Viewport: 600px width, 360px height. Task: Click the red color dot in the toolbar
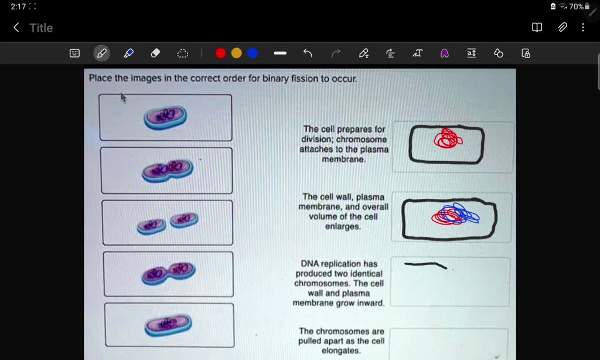220,53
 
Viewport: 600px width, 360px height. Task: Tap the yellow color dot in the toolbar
236,53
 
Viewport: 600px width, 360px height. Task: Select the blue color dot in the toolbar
253,53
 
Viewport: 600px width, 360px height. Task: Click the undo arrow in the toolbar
308,53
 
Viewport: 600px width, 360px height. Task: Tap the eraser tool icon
155,53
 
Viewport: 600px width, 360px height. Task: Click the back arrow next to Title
16,28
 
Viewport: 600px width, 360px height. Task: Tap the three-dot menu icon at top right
582,28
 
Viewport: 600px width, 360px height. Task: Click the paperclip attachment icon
562,28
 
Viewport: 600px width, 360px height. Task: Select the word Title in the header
41,28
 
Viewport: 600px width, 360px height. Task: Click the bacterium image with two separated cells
168,223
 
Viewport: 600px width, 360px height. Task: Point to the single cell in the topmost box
166,117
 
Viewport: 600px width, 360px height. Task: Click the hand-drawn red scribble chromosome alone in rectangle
448,139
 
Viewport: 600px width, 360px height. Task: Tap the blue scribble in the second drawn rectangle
463,214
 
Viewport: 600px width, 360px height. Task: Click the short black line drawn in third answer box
425,265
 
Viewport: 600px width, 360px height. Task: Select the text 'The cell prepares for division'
344,134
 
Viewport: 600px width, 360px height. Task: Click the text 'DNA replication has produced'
339,269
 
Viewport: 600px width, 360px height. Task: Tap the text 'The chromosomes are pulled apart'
341,336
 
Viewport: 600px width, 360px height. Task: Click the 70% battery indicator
577,6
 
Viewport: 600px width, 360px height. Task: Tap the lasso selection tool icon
183,53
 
